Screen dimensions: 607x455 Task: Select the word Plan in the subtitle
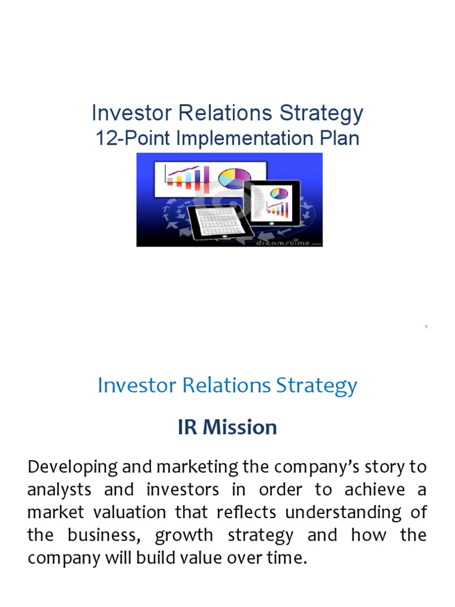pyautogui.click(x=338, y=138)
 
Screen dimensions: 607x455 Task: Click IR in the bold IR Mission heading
pyautogui.click(x=189, y=427)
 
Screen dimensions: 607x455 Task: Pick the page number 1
pyautogui.click(x=426, y=327)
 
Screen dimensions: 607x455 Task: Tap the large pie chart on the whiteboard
pyautogui.click(x=235, y=177)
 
